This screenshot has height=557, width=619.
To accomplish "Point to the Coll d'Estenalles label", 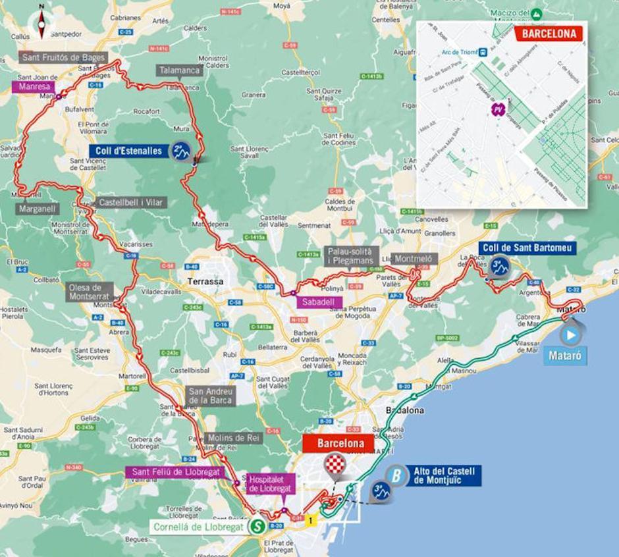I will pos(128,151).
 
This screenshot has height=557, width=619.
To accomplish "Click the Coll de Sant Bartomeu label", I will pos(527,248).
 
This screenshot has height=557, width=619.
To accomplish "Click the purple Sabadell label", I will pos(319,303).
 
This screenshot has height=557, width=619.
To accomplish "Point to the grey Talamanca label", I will pos(180,70).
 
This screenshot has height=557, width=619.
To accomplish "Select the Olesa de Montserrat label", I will pos(91,292).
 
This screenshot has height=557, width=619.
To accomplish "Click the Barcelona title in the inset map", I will pos(549,34).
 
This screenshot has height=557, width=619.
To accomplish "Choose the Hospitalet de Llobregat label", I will pos(270,483).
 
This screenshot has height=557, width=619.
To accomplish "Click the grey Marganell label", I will pos(38,209).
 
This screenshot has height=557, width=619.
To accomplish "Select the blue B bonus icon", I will pos(396,475).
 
